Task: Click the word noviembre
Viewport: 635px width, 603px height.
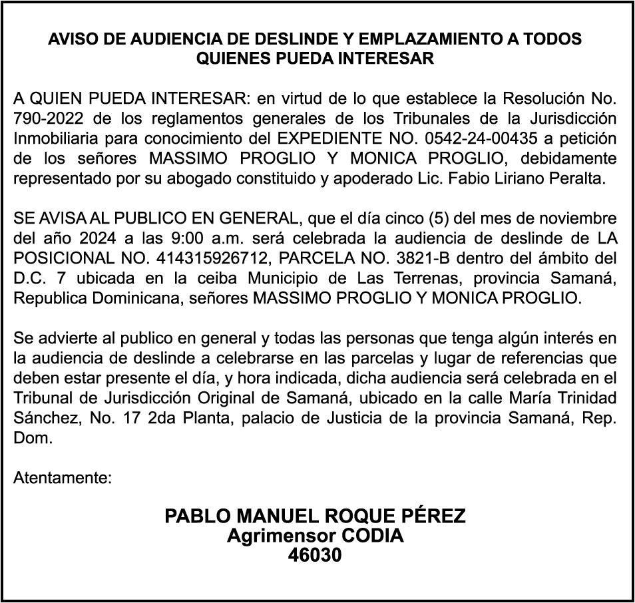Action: pos(578,218)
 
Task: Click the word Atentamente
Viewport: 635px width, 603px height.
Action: pos(62,478)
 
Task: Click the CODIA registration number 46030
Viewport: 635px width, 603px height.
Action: pos(315,555)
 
